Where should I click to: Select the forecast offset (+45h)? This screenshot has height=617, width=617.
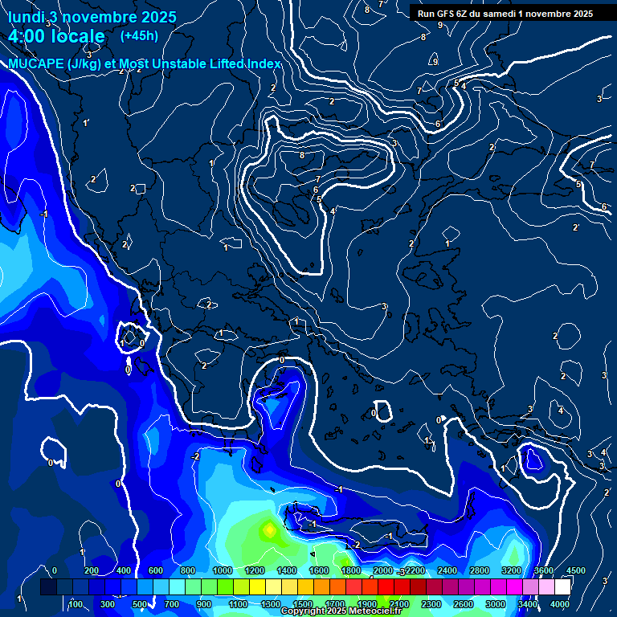pos(139,35)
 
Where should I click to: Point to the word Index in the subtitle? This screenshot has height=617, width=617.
pos(263,63)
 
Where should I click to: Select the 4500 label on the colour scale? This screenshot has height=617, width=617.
pos(575,570)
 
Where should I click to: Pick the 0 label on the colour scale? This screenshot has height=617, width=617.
pos(55,570)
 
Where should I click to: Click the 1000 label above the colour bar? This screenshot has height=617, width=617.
pos(222,570)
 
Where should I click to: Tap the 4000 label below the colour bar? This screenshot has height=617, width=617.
pos(560,604)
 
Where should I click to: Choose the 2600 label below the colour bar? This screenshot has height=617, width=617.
pos(464,604)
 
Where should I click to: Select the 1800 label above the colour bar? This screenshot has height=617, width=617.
pos(350,570)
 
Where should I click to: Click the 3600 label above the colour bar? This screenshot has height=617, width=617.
pos(543,570)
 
